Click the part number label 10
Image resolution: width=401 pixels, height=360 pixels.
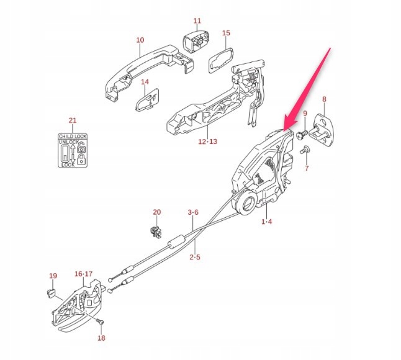click(x=140, y=40)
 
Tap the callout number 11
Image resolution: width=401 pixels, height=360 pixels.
click(x=197, y=21)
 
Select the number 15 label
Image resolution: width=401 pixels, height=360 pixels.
click(x=226, y=33)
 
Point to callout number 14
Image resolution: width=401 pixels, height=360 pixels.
click(x=145, y=82)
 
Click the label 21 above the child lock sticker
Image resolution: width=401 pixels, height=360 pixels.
click(x=73, y=120)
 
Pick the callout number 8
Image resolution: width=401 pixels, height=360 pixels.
click(x=323, y=99)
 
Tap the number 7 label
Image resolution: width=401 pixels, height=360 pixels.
click(x=306, y=168)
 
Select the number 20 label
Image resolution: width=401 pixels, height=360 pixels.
click(x=156, y=212)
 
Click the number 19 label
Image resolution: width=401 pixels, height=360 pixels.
click(x=53, y=276)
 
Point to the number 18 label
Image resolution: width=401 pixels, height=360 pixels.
click(x=101, y=339)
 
